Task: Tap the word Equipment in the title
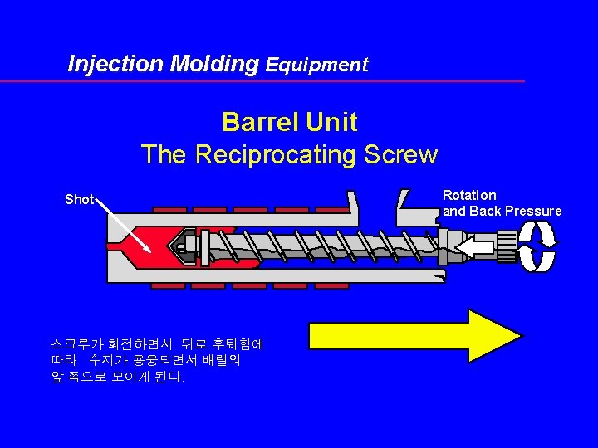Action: [x=316, y=65]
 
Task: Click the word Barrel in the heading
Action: [x=260, y=123]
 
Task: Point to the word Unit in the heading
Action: [x=331, y=123]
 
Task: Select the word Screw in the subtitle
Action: [x=405, y=155]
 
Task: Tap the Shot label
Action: [x=79, y=200]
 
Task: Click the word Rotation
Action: [x=469, y=196]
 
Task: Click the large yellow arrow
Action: [x=415, y=335]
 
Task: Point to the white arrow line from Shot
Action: [x=124, y=225]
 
